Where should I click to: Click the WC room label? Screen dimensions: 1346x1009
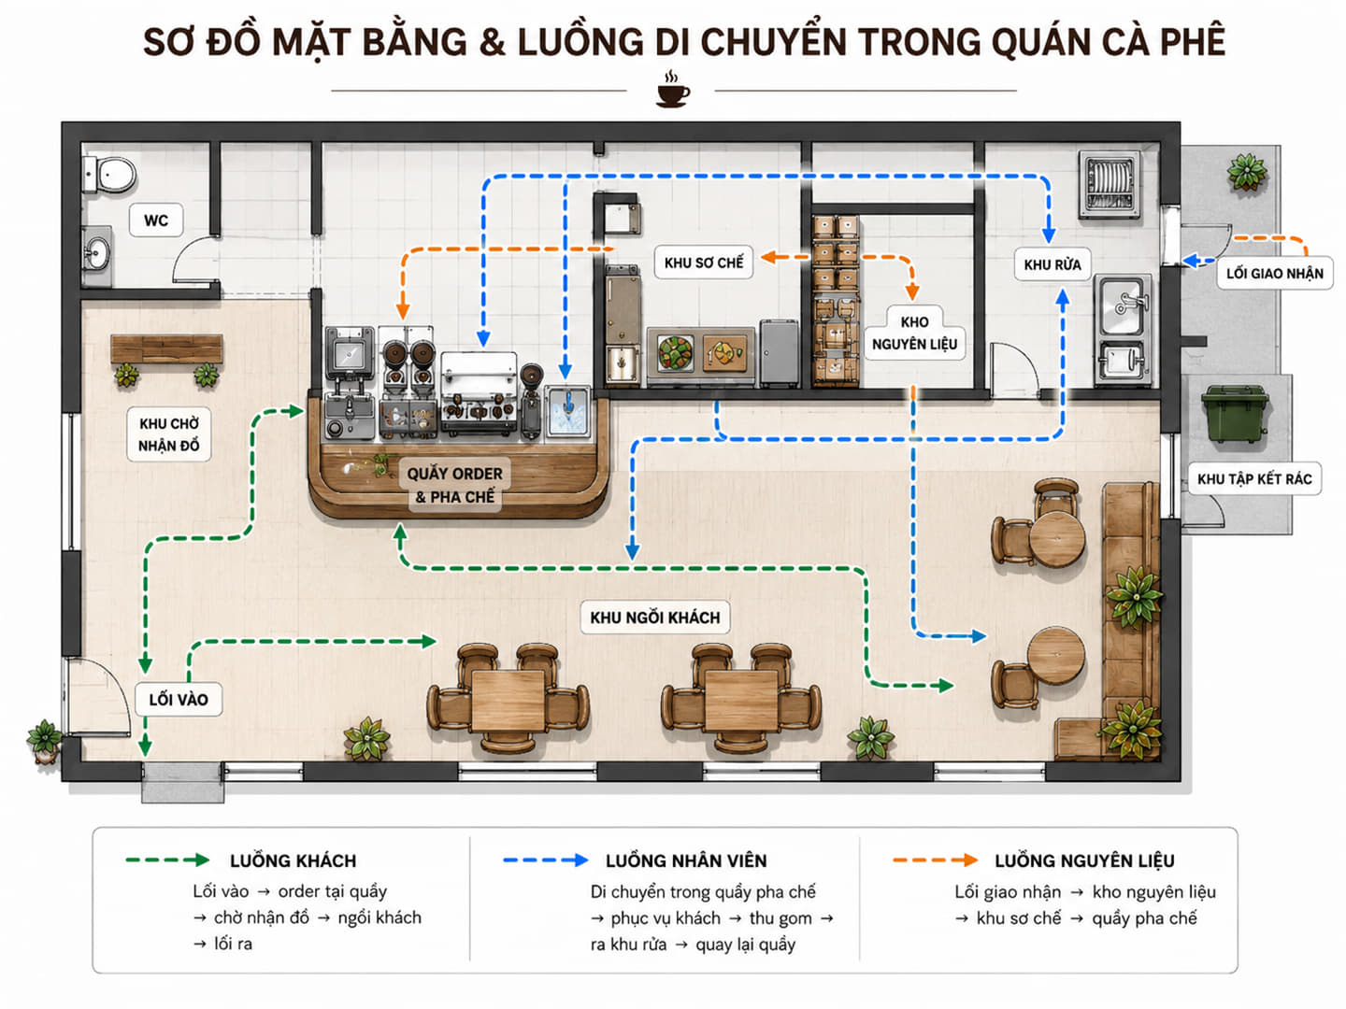pyautogui.click(x=156, y=220)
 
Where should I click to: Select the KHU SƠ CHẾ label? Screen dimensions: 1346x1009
pyautogui.click(x=703, y=263)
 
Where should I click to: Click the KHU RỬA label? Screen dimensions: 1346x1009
pyautogui.click(x=1052, y=264)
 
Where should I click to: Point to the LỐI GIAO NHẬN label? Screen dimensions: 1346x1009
pyautogui.click(x=1275, y=273)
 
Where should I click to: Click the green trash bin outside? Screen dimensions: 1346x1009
pyautogui.click(x=1235, y=414)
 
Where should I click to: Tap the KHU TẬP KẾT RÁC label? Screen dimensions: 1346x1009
pyautogui.click(x=1254, y=479)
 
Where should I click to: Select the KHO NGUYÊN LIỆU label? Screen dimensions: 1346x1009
pyautogui.click(x=914, y=333)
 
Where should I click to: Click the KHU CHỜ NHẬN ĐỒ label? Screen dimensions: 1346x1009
pyautogui.click(x=168, y=434)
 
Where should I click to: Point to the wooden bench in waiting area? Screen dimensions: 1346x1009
pyautogui.click(x=166, y=349)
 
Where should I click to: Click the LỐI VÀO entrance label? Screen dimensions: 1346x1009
pyautogui.click(x=179, y=699)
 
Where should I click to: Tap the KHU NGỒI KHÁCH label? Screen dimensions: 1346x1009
pyautogui.click(x=655, y=617)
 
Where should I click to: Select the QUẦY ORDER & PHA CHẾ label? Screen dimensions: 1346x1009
pyautogui.click(x=454, y=485)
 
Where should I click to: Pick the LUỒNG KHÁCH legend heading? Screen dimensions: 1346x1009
pyautogui.click(x=294, y=860)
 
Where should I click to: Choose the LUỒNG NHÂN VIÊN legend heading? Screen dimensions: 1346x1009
pyautogui.click(x=686, y=860)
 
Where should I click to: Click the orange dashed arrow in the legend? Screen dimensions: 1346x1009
pyautogui.click(x=935, y=860)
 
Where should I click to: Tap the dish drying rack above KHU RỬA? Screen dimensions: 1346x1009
pyautogui.click(x=1110, y=184)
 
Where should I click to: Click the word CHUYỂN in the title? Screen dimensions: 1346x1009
pyautogui.click(x=773, y=42)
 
